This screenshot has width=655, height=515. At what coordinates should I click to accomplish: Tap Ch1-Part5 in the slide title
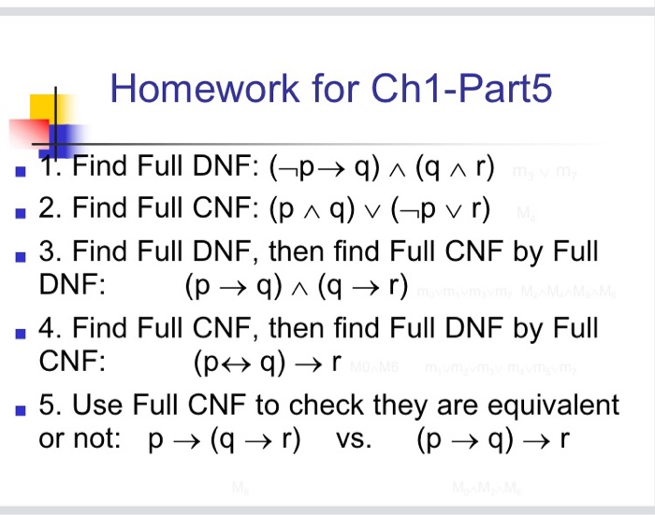click(x=462, y=89)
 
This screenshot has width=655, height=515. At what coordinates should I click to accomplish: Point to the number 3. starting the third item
click(x=50, y=251)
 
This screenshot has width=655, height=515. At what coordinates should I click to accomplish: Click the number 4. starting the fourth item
click(x=50, y=329)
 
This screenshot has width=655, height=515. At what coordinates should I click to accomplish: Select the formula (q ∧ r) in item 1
click(x=455, y=169)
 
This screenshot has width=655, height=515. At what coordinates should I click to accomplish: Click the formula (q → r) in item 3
click(x=365, y=286)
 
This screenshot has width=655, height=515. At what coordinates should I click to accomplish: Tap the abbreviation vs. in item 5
click(x=354, y=439)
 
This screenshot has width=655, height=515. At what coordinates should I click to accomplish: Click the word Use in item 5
click(x=96, y=406)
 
